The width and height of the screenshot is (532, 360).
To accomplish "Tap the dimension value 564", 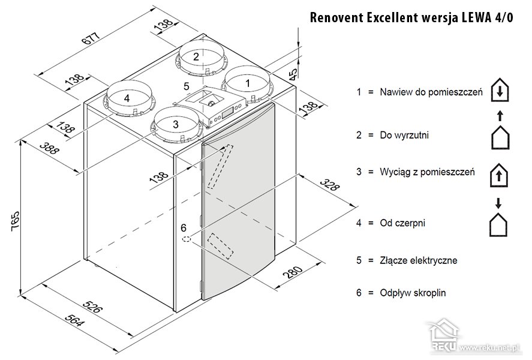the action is point(74,320).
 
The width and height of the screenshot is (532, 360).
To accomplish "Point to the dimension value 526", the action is point(92,307).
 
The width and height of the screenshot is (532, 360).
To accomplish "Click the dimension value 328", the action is point(329,185).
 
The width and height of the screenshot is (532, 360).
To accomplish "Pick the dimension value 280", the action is point(293,272).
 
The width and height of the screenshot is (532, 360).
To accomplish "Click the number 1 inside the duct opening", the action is point(248,83).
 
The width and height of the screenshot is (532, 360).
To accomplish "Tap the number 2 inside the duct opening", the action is point(196,56).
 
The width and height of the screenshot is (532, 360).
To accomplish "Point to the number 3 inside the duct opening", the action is point(175,124).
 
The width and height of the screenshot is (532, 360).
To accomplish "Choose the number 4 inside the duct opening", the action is point(127,98).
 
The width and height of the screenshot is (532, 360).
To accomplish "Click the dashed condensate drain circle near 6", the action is point(187,239).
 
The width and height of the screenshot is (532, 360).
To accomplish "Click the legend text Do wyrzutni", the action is point(404,136).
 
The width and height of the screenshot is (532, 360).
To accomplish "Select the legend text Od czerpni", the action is point(402,223).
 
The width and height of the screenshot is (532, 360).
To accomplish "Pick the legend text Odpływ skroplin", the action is point(413,293).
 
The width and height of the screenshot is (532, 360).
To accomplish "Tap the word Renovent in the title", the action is point(336,17).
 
